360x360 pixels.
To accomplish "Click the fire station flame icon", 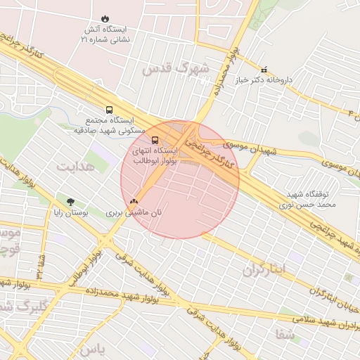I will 105,18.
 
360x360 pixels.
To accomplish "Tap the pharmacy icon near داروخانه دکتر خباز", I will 264,70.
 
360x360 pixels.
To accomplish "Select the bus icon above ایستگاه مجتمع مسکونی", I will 109,110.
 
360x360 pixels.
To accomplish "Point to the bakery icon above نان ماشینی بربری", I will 134,201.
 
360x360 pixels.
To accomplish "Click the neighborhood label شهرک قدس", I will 176,69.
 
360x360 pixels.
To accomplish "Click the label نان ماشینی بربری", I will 134,212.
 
